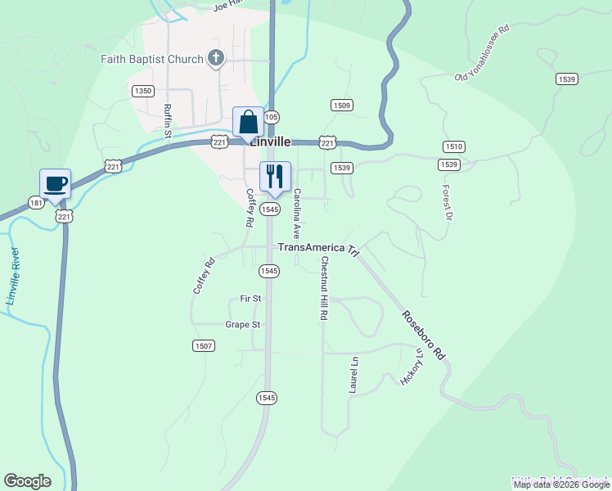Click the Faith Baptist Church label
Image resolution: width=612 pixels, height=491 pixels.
point(151,59)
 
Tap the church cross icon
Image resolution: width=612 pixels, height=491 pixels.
point(215,57)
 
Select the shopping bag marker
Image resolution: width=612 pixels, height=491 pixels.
point(249,123)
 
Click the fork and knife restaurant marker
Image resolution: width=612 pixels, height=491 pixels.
point(275,176)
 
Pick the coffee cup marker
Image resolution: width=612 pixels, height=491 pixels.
point(56,184)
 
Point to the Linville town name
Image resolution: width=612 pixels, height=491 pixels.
point(271,141)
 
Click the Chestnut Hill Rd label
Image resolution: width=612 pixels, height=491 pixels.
point(324,288)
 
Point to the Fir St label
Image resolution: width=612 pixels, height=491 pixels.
point(250,299)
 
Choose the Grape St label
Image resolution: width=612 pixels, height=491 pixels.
point(243,325)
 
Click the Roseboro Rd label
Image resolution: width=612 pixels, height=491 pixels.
point(422,335)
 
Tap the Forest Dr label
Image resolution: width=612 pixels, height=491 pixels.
point(447,202)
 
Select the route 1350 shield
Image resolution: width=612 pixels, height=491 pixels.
point(142,91)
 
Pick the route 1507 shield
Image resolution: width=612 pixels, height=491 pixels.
point(204,346)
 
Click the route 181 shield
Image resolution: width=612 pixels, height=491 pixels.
point(35,202)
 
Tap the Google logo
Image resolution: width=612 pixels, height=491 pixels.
point(27,481)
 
